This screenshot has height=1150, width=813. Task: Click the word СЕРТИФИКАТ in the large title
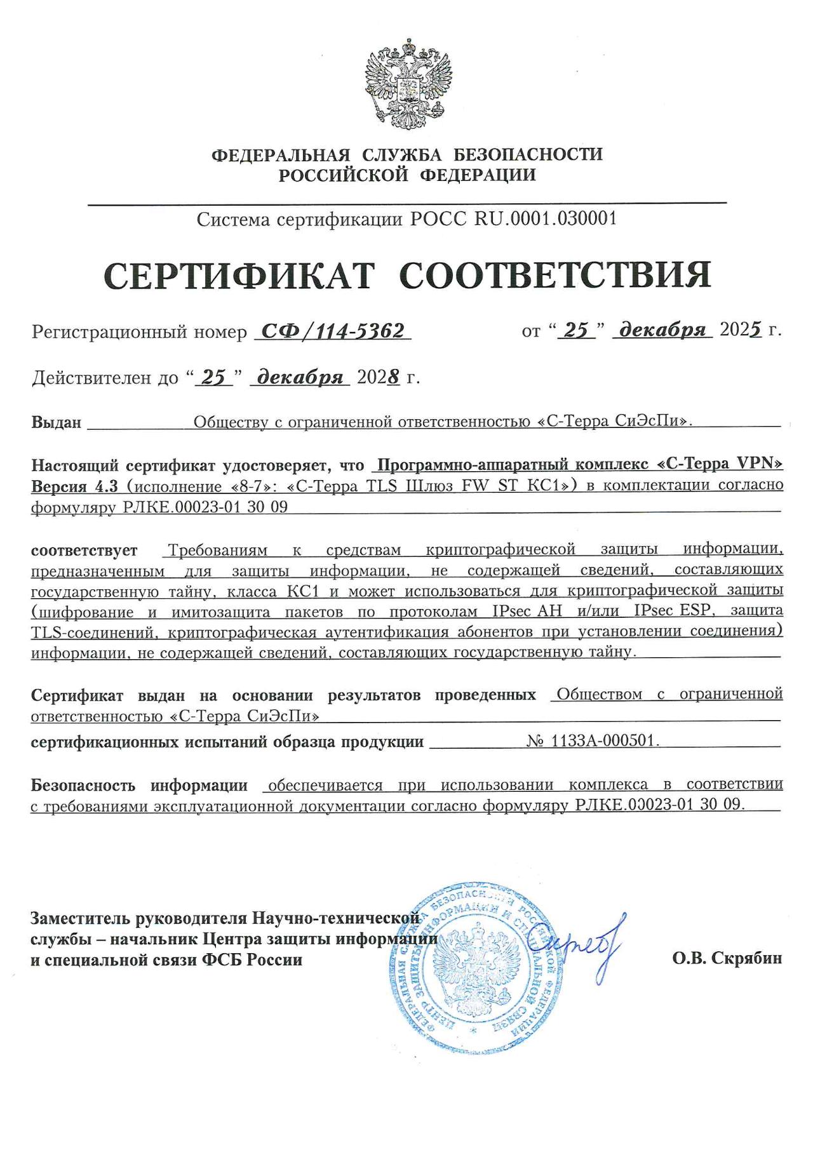coord(239,276)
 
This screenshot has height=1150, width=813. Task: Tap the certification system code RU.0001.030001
coord(546,219)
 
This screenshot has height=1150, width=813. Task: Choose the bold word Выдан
coord(57,422)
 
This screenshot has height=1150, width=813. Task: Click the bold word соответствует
coord(84,550)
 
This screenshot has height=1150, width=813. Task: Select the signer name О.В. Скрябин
coord(727,958)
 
